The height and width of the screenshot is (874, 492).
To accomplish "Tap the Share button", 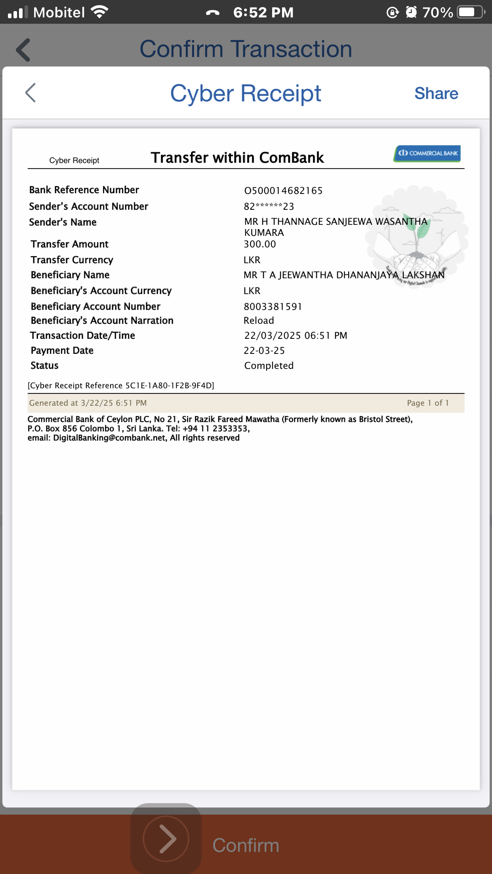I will tap(436, 93).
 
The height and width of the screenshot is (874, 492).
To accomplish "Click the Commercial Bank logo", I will tap(427, 154).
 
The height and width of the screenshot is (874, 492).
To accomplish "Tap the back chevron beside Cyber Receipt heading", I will tap(31, 93).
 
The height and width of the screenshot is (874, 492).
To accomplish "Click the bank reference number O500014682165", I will tap(283, 191).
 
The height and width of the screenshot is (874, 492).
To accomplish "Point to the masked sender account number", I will tap(269, 207).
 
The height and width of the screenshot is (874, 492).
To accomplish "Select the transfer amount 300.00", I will tap(259, 244).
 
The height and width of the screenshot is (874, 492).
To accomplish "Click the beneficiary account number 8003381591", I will tap(273, 307).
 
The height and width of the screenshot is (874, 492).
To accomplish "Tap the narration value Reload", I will tap(259, 321).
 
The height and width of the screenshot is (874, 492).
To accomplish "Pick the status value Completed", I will tap(269, 366).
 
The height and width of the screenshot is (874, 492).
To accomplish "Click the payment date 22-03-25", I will tap(264, 351).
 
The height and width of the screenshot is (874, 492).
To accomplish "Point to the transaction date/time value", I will tap(296, 336).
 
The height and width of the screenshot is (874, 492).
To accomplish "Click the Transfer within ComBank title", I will tap(237, 158).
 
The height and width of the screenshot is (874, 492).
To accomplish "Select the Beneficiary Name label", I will tap(70, 275).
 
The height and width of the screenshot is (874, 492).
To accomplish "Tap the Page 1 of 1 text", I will tap(427, 403).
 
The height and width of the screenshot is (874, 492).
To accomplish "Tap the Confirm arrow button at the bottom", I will tap(166, 838).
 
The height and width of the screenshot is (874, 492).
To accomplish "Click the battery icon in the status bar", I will tap(470, 12).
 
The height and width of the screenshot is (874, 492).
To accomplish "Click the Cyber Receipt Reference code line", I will tap(121, 386).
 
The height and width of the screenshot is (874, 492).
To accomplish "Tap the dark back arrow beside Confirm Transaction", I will tap(23, 50).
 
